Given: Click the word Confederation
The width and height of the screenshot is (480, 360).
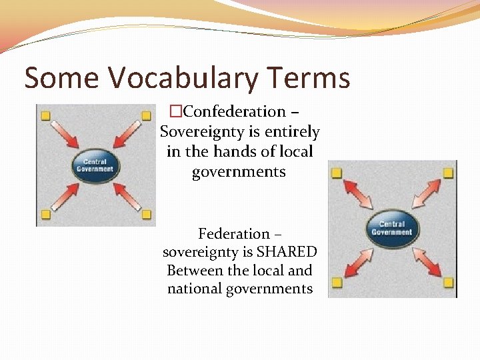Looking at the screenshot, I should [234, 111].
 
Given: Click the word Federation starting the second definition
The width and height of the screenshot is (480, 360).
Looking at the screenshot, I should [233, 234].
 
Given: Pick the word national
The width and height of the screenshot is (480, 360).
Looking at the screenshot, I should [201, 289].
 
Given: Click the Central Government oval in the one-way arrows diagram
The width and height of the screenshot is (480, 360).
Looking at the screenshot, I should [95, 165].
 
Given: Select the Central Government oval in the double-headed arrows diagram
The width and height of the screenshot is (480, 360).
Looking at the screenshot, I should [392, 229].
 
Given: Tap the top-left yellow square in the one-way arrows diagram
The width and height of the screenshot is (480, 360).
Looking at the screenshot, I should [45, 116].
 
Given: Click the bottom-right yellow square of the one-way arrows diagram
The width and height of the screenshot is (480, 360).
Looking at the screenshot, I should [146, 215].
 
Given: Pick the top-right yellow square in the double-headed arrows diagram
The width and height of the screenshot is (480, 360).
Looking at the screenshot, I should [448, 173].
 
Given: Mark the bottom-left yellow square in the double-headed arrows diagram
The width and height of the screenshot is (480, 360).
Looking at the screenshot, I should [337, 283].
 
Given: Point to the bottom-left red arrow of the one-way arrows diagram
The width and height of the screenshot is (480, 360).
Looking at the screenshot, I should [65, 195].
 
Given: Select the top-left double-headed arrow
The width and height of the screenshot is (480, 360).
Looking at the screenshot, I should [360, 196].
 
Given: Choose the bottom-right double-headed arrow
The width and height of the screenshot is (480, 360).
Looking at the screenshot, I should [425, 261].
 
